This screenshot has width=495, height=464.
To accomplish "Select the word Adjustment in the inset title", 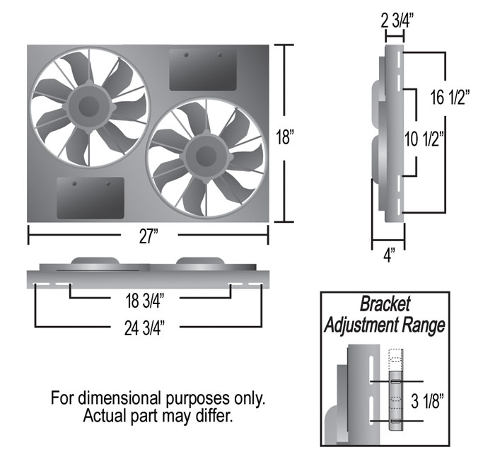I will pos(368,325).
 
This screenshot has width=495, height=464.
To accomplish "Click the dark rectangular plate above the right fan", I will pos(202,69).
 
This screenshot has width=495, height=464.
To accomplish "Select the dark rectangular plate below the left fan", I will pos(90,198).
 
